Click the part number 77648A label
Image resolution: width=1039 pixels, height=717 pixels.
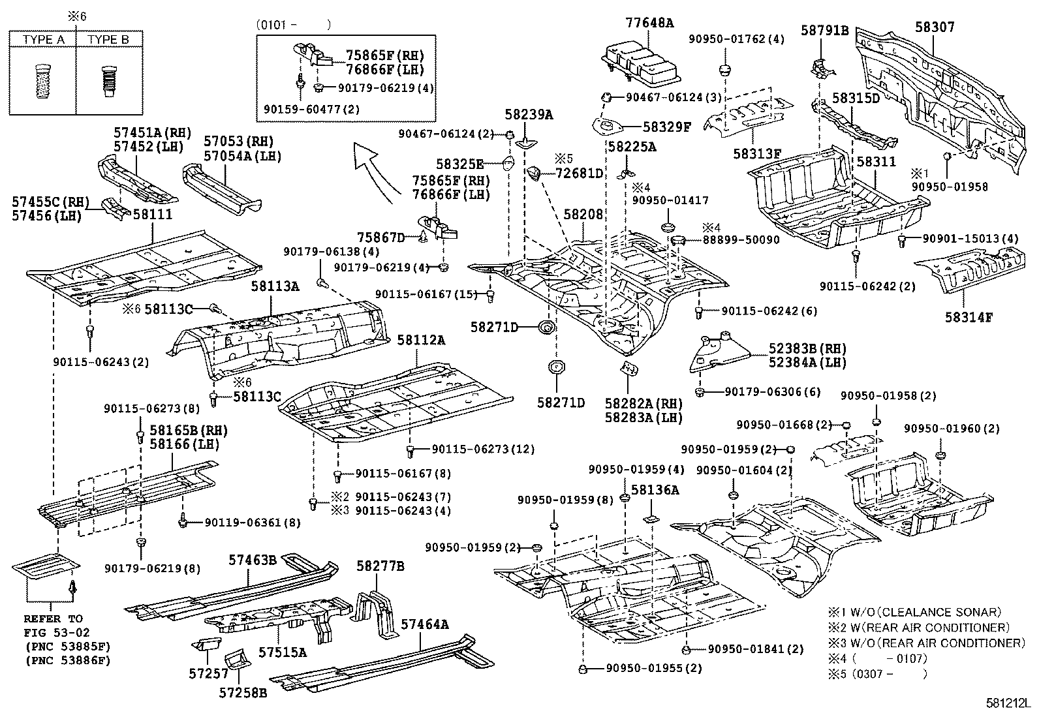pyautogui.click(x=649, y=23)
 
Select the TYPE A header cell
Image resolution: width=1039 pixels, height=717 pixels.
pyautogui.click(x=42, y=39)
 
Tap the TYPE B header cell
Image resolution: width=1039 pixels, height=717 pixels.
pyautogui.click(x=108, y=39)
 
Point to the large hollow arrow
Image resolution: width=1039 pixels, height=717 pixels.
pyautogui.click(x=373, y=172)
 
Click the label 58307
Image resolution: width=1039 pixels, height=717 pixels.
pyautogui.click(x=935, y=27)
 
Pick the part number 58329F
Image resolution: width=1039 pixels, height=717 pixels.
pyautogui.click(x=667, y=127)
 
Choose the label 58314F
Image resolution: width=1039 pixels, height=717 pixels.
pyautogui.click(x=969, y=317)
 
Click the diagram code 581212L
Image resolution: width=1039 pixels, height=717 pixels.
pyautogui.click(x=1008, y=703)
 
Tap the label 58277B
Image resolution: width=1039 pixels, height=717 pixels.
pyautogui.click(x=380, y=566)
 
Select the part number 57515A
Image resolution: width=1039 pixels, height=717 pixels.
pyautogui.click(x=283, y=652)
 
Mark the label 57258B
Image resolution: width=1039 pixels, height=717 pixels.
pyautogui.click(x=243, y=692)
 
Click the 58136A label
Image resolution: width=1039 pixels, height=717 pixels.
pyautogui.click(x=655, y=490)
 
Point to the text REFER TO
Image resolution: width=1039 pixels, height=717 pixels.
pyautogui.click(x=54, y=618)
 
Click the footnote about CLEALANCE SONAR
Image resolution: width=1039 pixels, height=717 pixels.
pyautogui.click(x=915, y=612)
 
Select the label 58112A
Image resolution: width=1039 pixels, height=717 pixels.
pyautogui.click(x=421, y=341)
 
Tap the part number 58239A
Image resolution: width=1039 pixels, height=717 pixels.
pyautogui.click(x=529, y=114)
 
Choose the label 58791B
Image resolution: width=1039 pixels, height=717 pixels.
pyautogui.click(x=825, y=31)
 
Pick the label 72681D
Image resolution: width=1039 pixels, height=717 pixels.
pyautogui.click(x=580, y=174)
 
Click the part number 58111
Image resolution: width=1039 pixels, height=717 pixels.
pyautogui.click(x=153, y=214)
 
